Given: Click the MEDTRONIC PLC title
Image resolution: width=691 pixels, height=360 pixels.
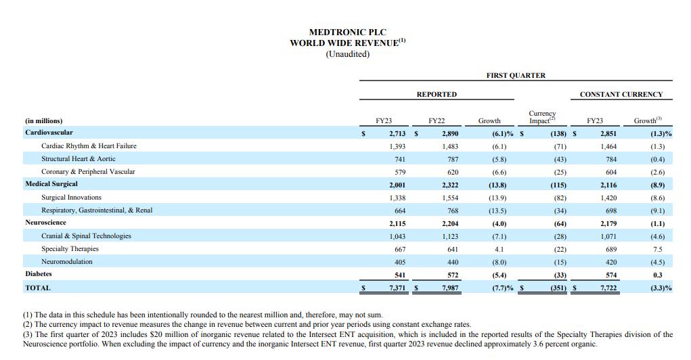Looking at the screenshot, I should tap(347, 32).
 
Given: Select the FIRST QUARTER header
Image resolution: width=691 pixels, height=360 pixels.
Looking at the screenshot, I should tap(515, 76).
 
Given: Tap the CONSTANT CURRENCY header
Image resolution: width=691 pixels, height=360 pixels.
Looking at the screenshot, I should tap(621, 95).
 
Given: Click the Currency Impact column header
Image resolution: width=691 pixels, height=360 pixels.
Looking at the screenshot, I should tap(541, 117).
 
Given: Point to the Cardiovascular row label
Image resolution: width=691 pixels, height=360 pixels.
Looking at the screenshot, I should tap(49, 133).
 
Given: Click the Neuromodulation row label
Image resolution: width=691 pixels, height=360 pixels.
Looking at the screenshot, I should tap(67, 262).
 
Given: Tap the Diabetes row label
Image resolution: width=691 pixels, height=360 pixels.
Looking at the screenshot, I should tap(39, 274).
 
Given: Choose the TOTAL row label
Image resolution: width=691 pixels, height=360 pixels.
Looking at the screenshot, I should tap(38, 288).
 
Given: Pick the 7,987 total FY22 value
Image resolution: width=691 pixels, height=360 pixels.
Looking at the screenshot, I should tap(449, 288).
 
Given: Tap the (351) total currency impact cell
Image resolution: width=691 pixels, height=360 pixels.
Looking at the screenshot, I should tap(555, 288).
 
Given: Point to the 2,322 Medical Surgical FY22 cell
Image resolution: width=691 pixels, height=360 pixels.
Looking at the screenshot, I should tap(449, 185).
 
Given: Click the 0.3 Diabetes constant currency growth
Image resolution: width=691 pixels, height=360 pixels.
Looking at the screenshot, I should tap(657, 275).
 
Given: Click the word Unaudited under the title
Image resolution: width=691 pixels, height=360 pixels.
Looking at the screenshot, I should tap(347, 54).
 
